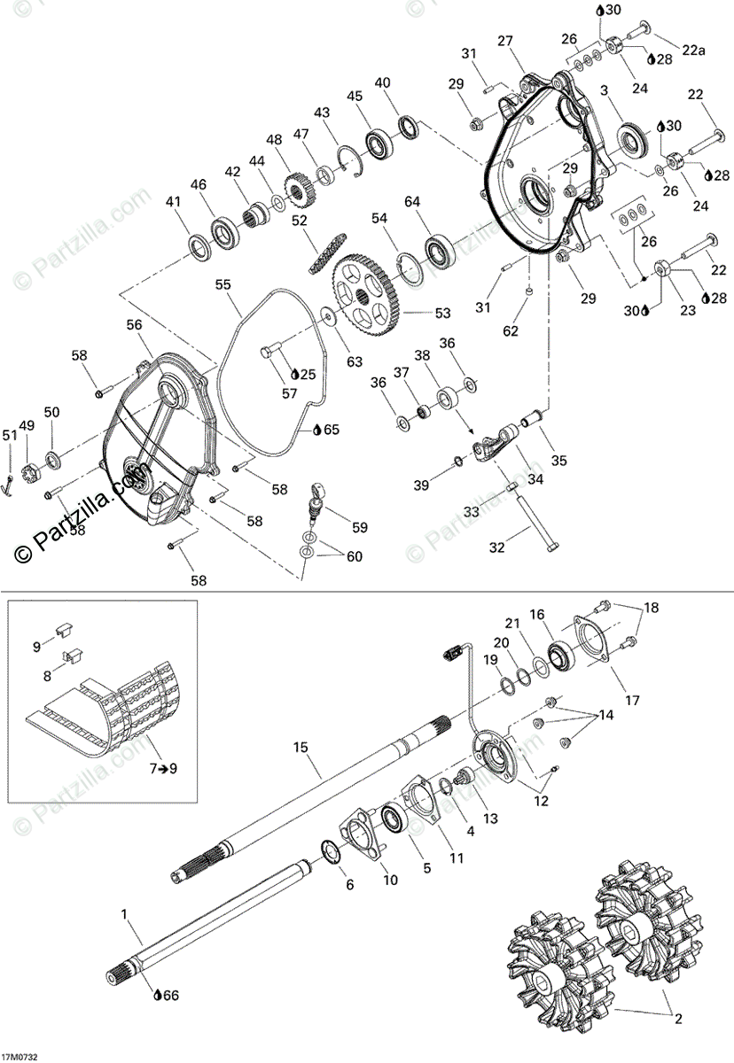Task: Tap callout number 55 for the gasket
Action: coord(223,285)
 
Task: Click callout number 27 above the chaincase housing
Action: coord(505,41)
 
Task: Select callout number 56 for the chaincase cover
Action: coord(134,326)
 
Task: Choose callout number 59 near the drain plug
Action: coord(359,527)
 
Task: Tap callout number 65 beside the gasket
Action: coord(332,430)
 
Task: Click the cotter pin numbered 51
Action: coord(8,484)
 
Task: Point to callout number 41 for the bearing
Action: coord(173,203)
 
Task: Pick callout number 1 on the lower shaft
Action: coord(124,912)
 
